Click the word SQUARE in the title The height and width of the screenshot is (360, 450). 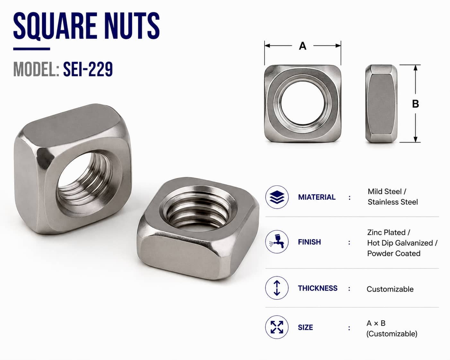[55, 26]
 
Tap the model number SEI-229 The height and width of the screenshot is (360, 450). [88, 69]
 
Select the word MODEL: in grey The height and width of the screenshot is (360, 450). [36, 69]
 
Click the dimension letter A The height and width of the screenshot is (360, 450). [303, 46]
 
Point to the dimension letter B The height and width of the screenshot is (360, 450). [416, 104]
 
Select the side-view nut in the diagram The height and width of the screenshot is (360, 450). [381, 104]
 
